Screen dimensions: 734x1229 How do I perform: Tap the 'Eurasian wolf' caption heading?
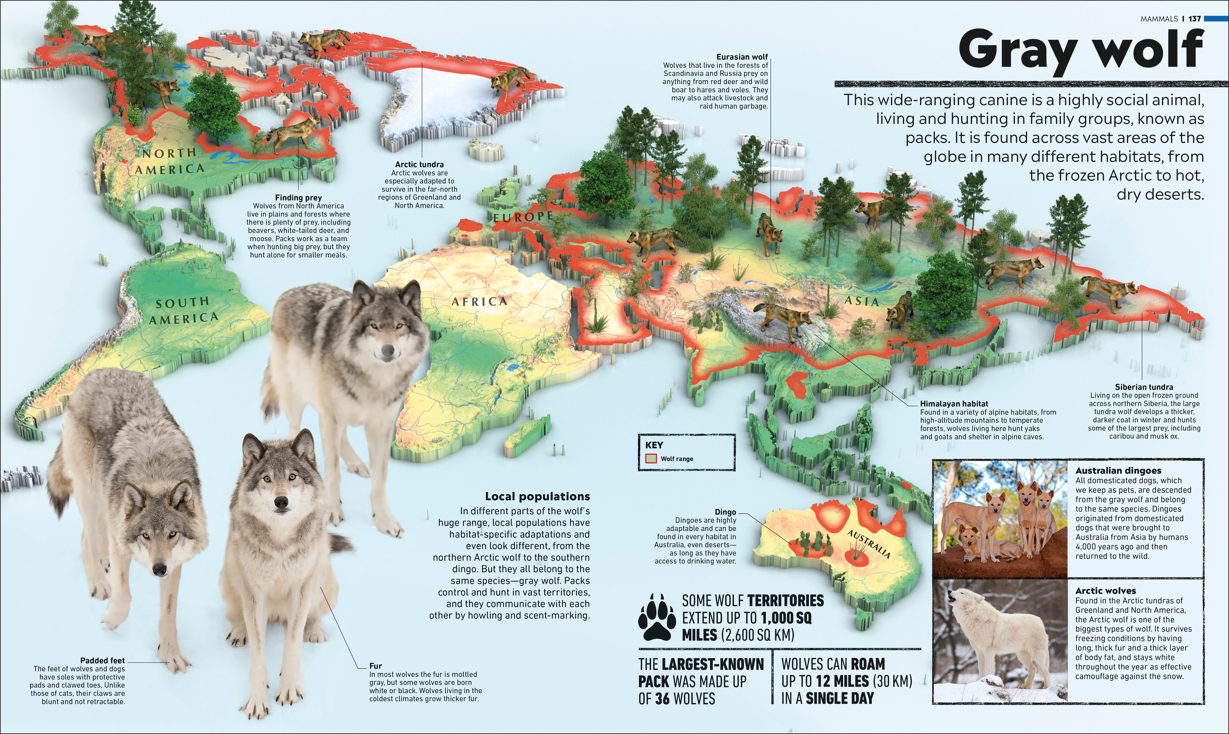(x=742, y=57)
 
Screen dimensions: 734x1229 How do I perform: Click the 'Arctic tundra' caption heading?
(x=419, y=164)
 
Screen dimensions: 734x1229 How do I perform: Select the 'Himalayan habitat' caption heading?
(x=954, y=404)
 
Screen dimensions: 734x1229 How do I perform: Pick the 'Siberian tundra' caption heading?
(x=1144, y=387)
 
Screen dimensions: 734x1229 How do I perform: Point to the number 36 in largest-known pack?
(x=664, y=699)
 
